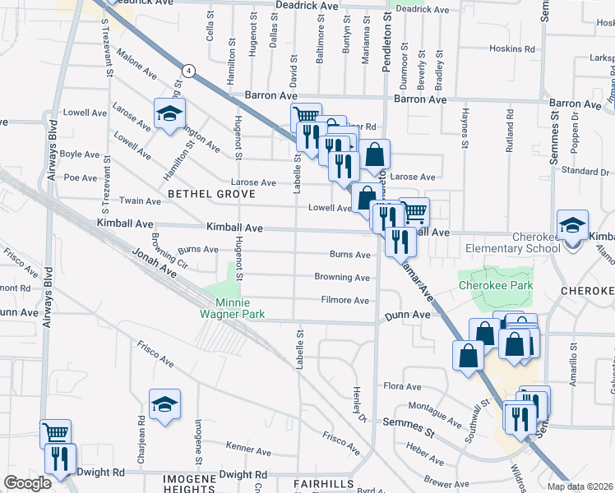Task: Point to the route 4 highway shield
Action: (x=189, y=71)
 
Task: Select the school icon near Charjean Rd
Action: (x=164, y=403)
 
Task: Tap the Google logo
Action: (x=27, y=483)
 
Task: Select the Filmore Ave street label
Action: (x=345, y=301)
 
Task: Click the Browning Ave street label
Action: (x=342, y=278)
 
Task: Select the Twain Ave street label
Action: (x=141, y=200)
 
